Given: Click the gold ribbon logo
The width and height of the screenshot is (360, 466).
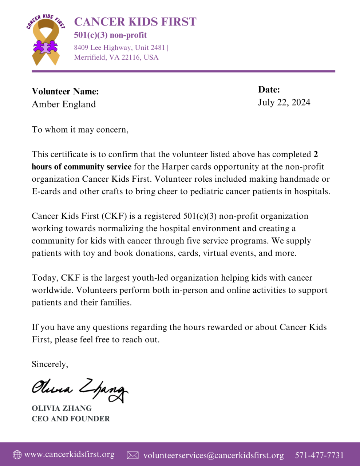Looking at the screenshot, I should (x=46, y=41).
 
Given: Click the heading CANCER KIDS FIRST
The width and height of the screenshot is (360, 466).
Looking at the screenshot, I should (x=135, y=22).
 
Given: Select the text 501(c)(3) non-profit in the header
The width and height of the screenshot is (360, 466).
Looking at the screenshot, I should (x=110, y=35).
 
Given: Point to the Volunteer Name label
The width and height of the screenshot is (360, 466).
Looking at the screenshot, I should (x=65, y=91).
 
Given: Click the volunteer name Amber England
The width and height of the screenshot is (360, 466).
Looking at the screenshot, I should (x=64, y=104).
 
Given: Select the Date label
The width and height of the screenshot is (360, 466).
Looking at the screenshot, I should (x=269, y=90).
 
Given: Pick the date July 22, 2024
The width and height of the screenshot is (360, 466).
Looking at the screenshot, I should (x=284, y=102).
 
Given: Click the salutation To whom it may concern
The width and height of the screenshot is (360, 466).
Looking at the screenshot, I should (x=80, y=130).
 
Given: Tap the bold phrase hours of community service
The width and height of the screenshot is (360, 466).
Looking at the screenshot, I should (x=82, y=167).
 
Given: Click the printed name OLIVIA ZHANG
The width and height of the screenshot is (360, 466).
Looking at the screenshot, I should (x=62, y=408).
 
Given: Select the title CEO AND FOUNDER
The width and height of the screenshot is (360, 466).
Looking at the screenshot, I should (x=71, y=419).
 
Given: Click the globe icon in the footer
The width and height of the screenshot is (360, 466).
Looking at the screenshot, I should (x=17, y=455).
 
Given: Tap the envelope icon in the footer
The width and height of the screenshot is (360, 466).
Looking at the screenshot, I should (x=132, y=455).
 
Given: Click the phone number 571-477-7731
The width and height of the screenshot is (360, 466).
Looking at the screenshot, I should (x=319, y=455).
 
